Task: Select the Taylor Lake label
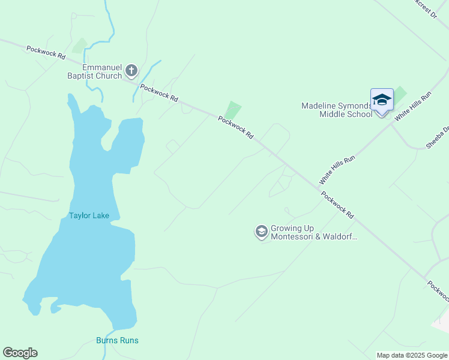(x=89, y=215)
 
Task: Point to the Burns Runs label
(x=117, y=340)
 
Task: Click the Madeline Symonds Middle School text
(x=336, y=110)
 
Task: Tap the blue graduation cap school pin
(x=382, y=100)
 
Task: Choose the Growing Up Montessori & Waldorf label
(x=314, y=232)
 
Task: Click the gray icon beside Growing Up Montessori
(x=261, y=231)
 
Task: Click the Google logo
(x=20, y=353)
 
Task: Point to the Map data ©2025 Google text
(x=412, y=355)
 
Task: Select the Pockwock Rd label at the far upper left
(x=46, y=52)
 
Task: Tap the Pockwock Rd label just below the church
(x=159, y=92)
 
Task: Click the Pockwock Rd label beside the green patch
(x=235, y=128)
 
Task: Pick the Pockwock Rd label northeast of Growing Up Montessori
(x=337, y=205)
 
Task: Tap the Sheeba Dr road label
(x=438, y=137)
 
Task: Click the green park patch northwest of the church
(x=79, y=46)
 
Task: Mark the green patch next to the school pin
(x=399, y=95)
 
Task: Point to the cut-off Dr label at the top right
(x=427, y=10)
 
